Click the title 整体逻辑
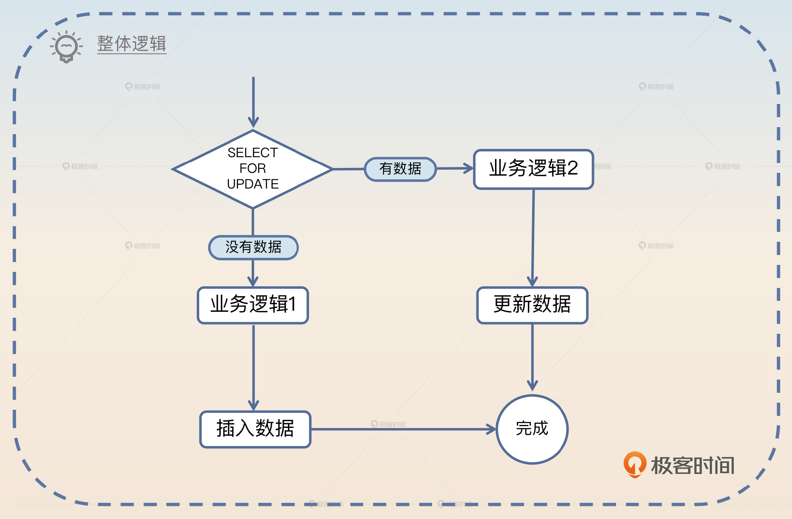[132, 44]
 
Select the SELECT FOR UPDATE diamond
[252, 169]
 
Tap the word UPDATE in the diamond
[252, 184]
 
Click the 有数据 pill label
[400, 169]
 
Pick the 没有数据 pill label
[253, 247]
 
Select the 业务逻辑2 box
[533, 169]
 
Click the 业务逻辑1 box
[253, 305]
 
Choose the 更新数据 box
[532, 305]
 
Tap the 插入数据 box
[255, 429]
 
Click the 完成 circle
[532, 429]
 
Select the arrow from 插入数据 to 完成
[402, 429]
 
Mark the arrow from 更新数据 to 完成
[532, 357]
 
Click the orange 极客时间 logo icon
[635, 464]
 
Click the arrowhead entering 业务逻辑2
[469, 168]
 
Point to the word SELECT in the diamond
[252, 153]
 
